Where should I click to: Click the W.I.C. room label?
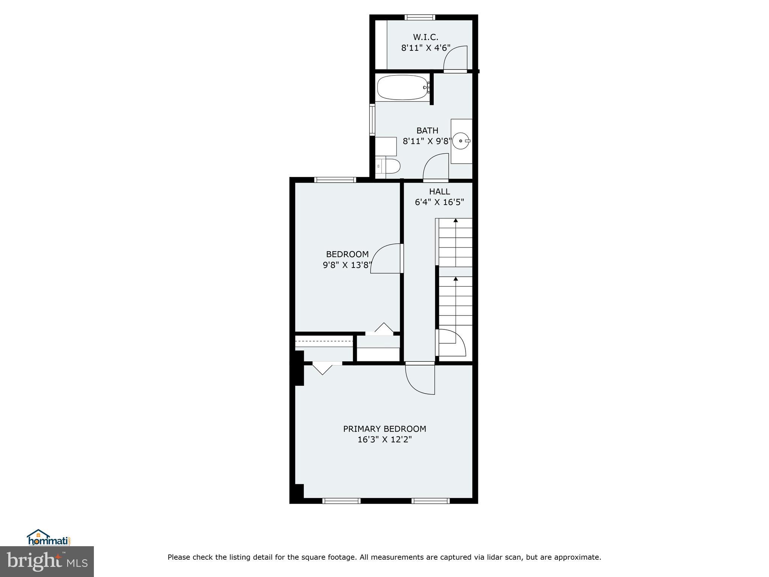point(425,37)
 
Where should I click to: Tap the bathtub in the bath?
point(403,88)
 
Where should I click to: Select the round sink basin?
point(461,141)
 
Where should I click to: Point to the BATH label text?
point(427,131)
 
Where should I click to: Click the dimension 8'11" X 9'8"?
point(427,142)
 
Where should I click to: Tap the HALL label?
point(439,192)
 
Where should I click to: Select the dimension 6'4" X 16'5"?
point(439,202)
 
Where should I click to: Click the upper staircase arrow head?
point(455,221)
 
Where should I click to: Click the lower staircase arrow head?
point(455,279)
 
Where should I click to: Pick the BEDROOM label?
point(347,254)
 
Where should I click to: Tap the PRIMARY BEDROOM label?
point(384,429)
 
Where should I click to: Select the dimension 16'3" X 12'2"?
point(384,440)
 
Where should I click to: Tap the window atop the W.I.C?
point(420,17)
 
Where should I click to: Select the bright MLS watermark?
point(47,561)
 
